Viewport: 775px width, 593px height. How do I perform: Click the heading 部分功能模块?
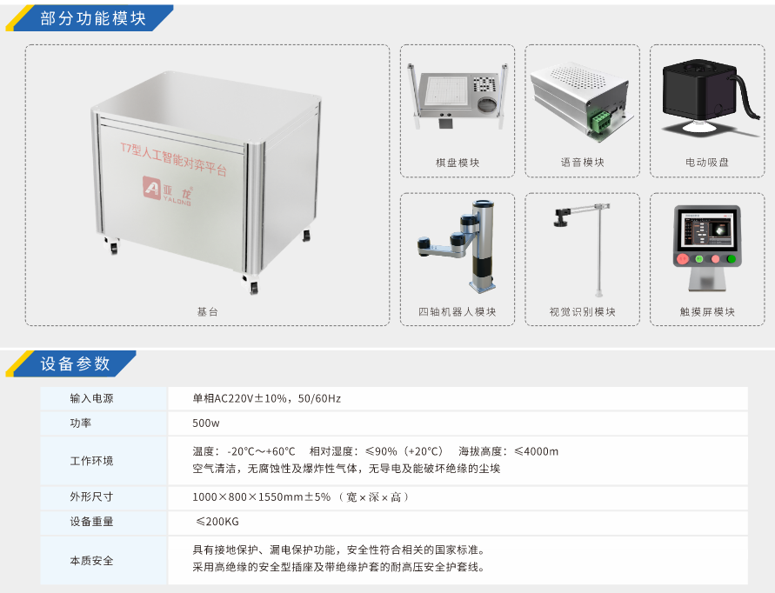tap(93, 19)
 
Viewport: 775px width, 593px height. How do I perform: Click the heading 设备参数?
tap(75, 364)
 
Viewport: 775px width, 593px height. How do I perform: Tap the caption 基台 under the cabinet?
tap(208, 312)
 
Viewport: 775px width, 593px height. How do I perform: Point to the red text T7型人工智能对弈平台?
tap(173, 159)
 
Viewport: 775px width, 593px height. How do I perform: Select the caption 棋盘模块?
tap(458, 163)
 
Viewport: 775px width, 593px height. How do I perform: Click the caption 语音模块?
tap(583, 162)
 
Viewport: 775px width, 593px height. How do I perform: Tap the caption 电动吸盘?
tap(707, 162)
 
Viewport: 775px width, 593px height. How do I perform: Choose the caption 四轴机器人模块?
tap(458, 312)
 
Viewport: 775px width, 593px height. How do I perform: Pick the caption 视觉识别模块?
tap(583, 312)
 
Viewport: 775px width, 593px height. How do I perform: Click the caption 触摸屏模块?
tap(707, 312)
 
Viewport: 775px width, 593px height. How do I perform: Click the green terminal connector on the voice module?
tap(599, 121)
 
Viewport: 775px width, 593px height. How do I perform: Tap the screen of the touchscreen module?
tap(707, 229)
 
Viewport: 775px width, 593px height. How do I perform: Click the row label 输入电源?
tap(91, 398)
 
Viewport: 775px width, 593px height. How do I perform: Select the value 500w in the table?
tap(206, 423)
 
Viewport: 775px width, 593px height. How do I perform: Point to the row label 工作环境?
tap(91, 461)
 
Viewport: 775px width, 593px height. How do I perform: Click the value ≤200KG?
tap(217, 522)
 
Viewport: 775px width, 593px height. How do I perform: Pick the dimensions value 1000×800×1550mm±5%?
tap(262, 496)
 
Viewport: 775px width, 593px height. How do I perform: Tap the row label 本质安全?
tap(91, 560)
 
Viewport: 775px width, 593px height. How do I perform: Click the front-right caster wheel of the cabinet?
tap(253, 287)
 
